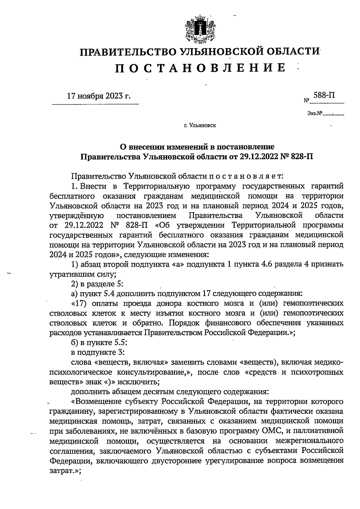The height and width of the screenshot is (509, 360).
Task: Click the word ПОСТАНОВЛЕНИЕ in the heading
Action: (200, 68)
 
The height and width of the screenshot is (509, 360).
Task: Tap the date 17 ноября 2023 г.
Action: (99, 96)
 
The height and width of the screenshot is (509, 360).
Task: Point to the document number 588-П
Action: (324, 95)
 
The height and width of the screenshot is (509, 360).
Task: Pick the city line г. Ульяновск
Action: (200, 125)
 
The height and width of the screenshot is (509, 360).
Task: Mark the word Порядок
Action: (185, 323)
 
